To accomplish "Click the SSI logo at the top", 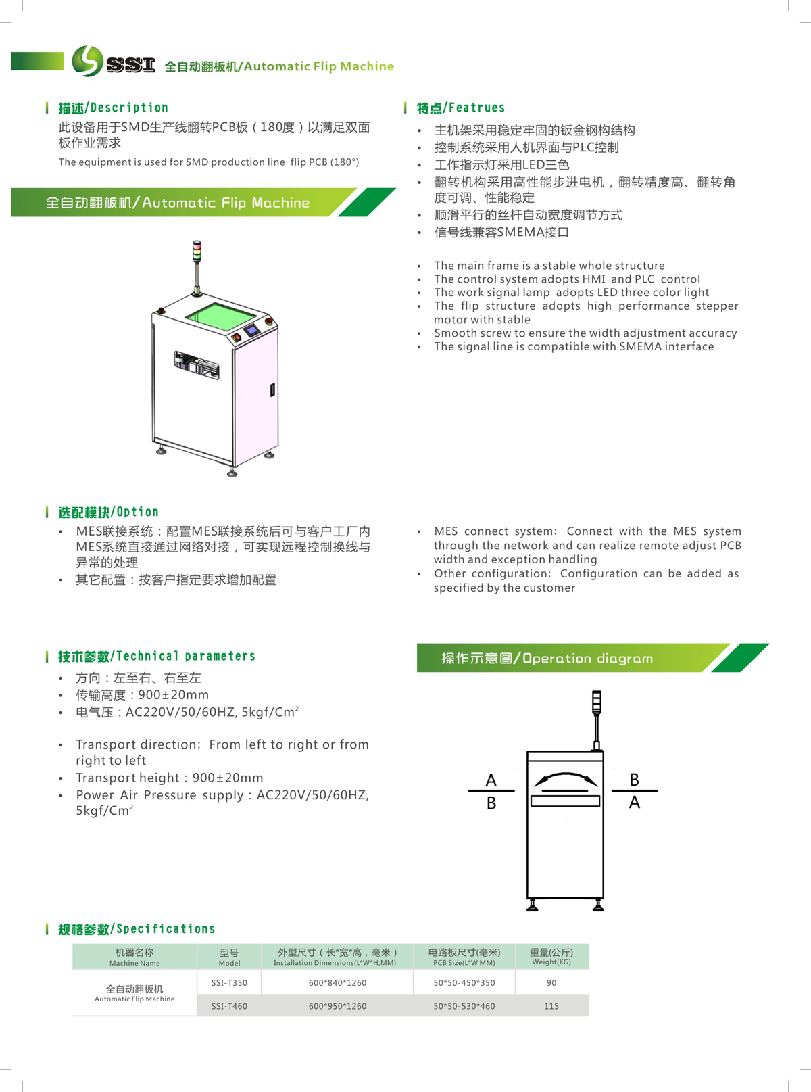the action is (113, 62).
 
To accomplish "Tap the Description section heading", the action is (113, 108).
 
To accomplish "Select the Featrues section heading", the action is (461, 108).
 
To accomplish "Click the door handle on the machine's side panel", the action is (272, 390).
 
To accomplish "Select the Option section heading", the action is (108, 512).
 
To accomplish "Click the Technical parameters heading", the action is (157, 657).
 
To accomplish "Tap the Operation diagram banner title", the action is (547, 659).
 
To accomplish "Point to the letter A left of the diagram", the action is (491, 780).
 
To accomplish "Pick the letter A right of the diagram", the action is (635, 803).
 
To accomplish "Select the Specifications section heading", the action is (137, 929).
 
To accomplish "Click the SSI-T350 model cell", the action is (229, 982).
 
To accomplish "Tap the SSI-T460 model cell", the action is (229, 1006).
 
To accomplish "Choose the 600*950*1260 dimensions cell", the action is (338, 1006).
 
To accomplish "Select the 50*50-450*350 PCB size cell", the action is (464, 982).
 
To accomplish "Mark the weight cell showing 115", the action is (551, 1006).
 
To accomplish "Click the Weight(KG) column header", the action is (551, 957).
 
